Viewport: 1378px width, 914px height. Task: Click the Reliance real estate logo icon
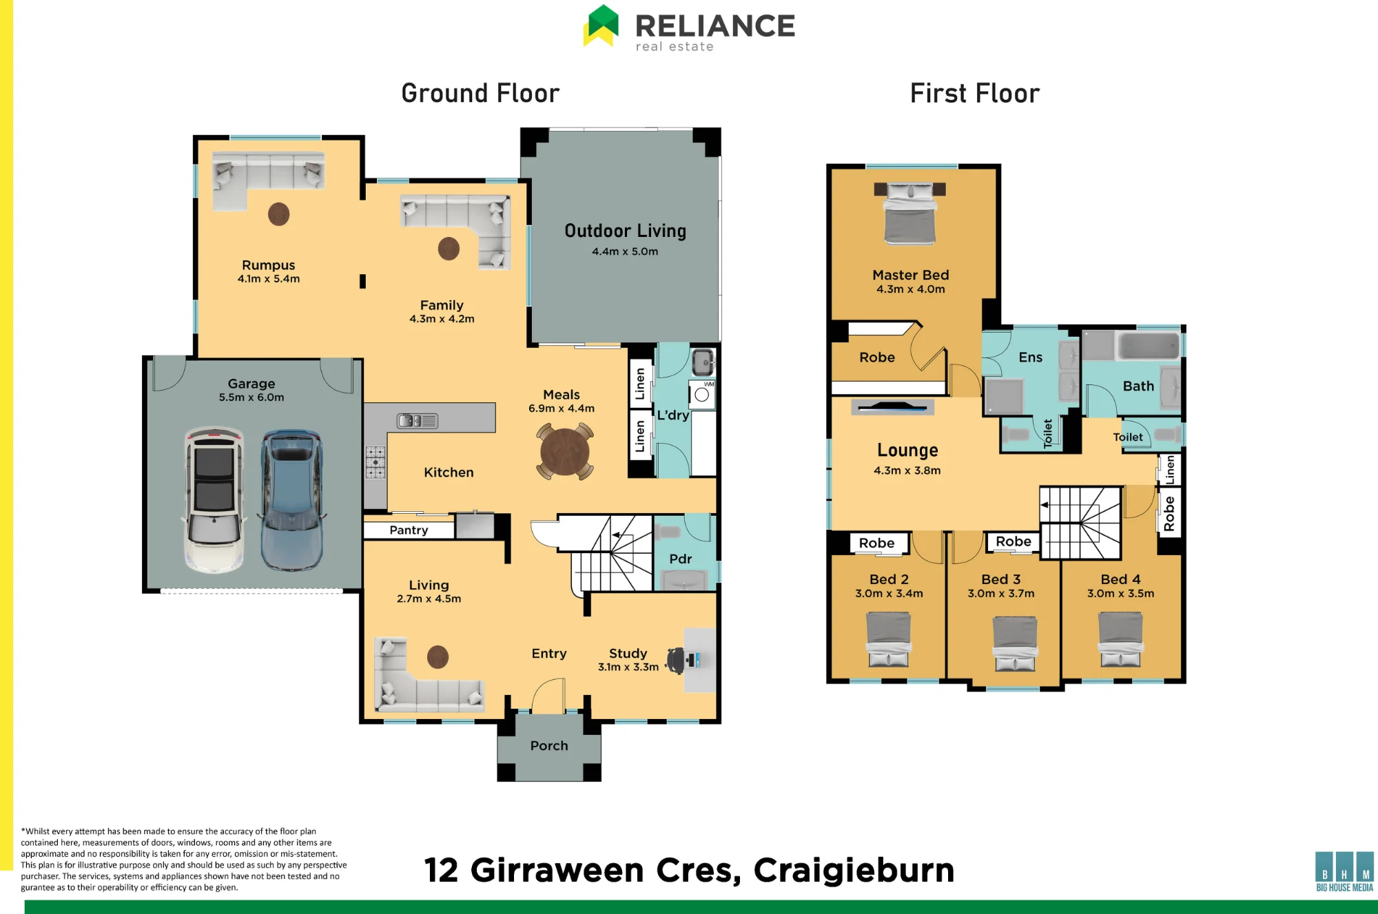click(x=601, y=26)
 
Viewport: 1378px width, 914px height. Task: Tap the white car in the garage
click(x=214, y=501)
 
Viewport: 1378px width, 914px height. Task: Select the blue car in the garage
click(x=291, y=501)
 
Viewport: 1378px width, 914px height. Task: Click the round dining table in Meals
click(x=565, y=452)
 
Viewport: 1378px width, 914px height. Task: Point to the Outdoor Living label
click(x=625, y=231)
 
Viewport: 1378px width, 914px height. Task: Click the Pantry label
click(x=409, y=530)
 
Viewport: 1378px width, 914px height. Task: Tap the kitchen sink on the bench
click(x=418, y=420)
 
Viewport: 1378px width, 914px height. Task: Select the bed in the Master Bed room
click(x=909, y=213)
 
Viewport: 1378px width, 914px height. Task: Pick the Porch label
click(x=549, y=745)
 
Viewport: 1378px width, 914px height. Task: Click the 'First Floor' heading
click(x=974, y=93)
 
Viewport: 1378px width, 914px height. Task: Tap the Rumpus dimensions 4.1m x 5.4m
click(x=269, y=279)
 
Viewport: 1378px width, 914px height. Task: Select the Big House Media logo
click(x=1344, y=871)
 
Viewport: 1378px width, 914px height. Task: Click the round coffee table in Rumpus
click(x=278, y=214)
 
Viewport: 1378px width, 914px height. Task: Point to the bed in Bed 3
click(x=1014, y=643)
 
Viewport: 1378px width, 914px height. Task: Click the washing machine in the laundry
click(x=702, y=395)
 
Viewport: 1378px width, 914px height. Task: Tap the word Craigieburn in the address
click(x=854, y=871)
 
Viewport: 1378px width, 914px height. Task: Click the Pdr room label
click(x=680, y=559)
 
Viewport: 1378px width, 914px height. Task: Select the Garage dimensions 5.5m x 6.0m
click(x=251, y=397)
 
